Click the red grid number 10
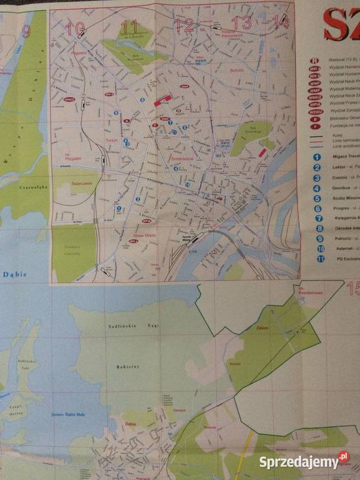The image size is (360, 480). coord(76,28)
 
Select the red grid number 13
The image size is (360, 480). coord(241,22)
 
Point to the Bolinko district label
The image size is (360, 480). coord(236,70)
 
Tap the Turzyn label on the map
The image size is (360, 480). coord(111,139)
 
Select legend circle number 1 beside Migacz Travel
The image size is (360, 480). coord(317,157)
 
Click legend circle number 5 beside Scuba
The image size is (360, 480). coord(317,198)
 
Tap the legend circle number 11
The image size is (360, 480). coord(320,259)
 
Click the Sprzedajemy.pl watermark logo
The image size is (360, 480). coord(304,461)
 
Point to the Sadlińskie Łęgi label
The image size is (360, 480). coord(127,326)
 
